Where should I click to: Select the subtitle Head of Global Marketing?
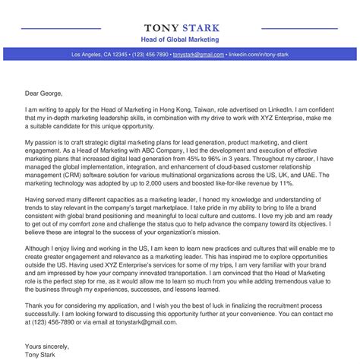[180, 39]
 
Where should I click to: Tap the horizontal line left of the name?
[61, 29]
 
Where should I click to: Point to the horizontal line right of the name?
[299, 29]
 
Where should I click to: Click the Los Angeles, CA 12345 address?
[99, 55]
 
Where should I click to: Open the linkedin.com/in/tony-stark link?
[258, 55]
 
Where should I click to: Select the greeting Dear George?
[43, 94]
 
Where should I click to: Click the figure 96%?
[254, 160]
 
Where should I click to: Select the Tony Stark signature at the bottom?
[42, 334]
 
